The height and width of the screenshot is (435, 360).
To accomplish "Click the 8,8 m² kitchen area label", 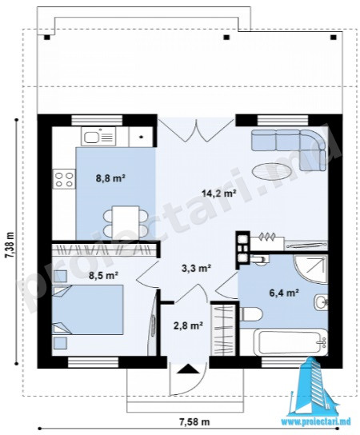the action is pos(110,178).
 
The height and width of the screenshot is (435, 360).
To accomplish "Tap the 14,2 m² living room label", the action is pos(219,193).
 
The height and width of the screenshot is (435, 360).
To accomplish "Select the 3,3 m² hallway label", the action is pos(197,268).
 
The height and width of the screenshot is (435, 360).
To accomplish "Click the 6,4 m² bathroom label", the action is pos(284,293).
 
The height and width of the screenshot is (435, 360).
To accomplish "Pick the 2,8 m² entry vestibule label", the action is pos(188,325).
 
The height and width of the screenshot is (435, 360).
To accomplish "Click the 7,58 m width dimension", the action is pos(194,422).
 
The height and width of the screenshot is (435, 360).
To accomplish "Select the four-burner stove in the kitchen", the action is pos(64,179).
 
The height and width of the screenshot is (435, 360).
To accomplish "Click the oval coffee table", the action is pos(272,172).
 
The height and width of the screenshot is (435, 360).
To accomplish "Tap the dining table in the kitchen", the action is pos(126,222).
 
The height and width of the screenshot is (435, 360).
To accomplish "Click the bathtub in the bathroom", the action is pos(290,341).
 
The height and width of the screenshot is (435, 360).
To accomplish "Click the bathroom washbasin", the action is pos(321,301).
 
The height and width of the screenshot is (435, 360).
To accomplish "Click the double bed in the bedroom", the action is pos(88,309).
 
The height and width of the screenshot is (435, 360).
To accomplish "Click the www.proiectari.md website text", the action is pos(316,421).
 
